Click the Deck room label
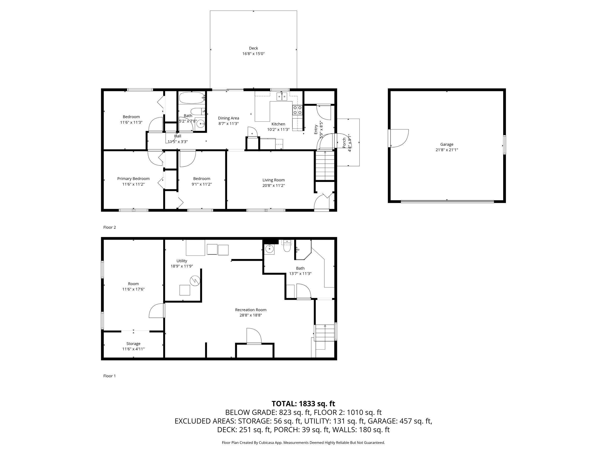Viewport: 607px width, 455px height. point(253,48)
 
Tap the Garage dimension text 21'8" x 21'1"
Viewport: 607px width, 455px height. point(447,150)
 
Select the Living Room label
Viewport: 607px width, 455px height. point(274,180)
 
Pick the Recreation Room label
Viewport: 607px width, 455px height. point(251,310)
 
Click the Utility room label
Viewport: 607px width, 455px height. point(182,261)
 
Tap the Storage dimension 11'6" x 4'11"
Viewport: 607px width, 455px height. point(133,349)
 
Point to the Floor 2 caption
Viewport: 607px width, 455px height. point(110,227)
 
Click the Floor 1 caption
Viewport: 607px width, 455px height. point(110,376)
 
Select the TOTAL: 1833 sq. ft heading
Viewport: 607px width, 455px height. point(303,404)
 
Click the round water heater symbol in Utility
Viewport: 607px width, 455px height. point(195,281)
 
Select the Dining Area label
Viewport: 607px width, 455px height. point(229,118)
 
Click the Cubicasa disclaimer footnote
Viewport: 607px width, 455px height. point(303,443)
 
